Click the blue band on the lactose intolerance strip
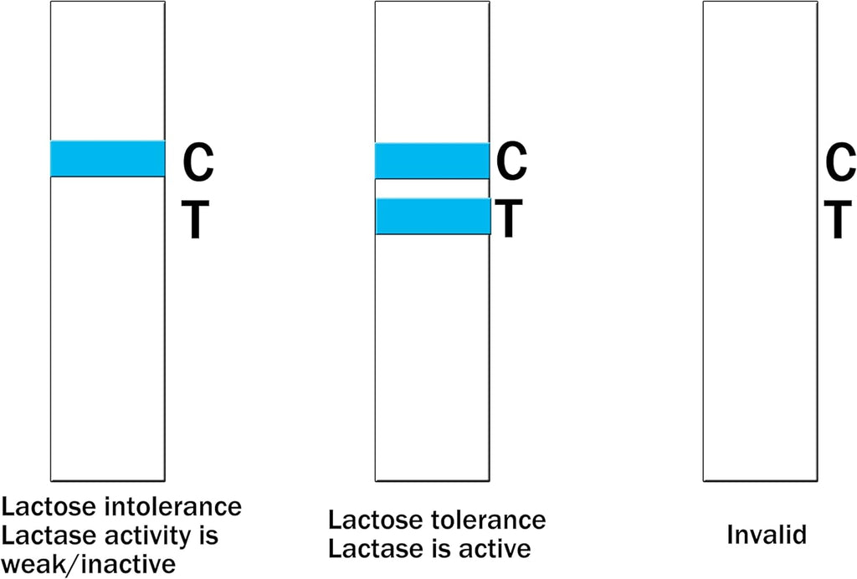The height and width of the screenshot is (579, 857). click(108, 159)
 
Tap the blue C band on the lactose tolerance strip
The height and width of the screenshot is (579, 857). click(433, 161)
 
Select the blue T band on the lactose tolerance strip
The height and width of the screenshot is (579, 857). click(433, 217)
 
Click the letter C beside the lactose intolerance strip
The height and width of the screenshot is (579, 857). click(198, 162)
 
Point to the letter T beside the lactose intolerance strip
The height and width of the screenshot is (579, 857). click(195, 219)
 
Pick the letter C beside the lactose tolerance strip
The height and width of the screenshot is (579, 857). click(511, 161)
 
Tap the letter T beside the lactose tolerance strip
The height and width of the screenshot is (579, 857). click(509, 218)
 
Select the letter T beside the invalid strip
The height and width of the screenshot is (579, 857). click(838, 218)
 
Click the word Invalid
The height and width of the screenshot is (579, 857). click(767, 534)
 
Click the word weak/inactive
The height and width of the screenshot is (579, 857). click(89, 564)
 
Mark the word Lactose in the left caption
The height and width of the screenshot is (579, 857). click(49, 506)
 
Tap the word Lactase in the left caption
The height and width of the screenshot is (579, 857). click(46, 535)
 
